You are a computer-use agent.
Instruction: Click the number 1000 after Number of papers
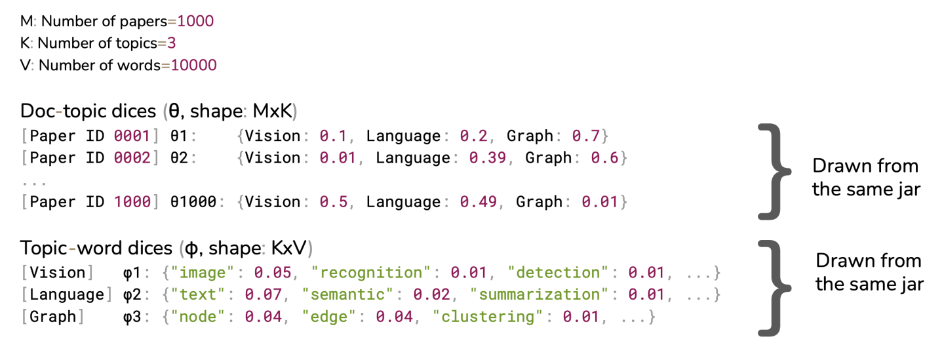point(195,21)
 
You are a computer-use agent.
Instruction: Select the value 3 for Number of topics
point(172,43)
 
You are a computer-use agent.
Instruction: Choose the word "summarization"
point(540,294)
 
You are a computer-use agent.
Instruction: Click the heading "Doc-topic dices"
point(88,111)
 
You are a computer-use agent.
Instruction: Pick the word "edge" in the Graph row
point(334,317)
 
